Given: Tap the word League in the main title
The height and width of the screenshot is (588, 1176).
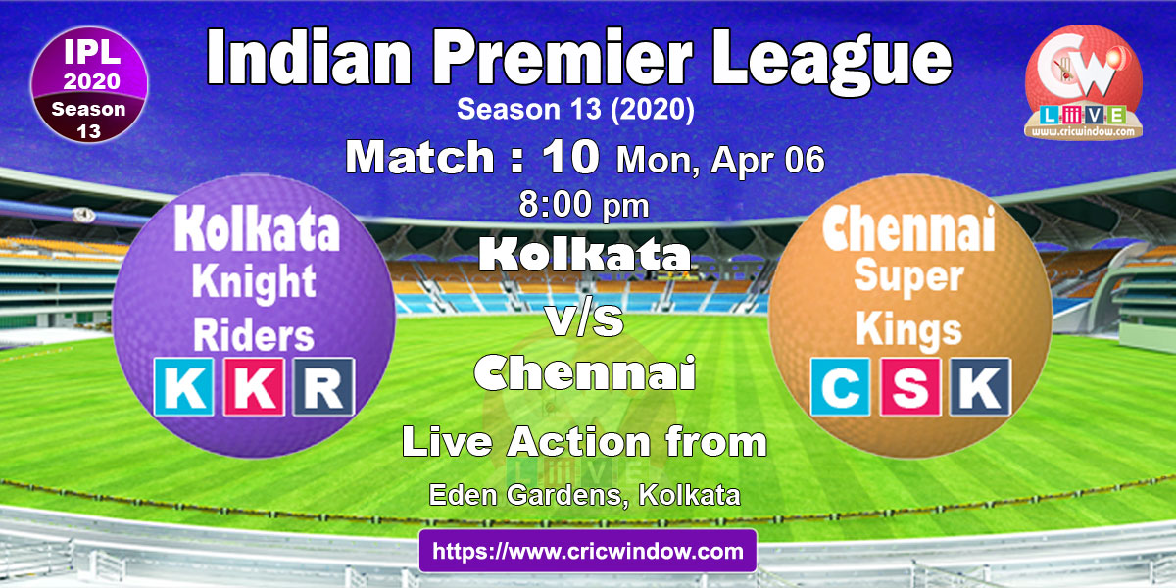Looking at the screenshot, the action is (832, 63).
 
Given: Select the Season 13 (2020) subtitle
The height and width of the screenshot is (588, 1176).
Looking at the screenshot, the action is (575, 109).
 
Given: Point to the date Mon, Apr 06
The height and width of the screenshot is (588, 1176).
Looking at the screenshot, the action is (720, 160).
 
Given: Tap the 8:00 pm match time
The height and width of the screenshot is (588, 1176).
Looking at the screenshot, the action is (584, 205).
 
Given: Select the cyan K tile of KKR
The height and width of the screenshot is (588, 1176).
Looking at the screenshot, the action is (184, 387).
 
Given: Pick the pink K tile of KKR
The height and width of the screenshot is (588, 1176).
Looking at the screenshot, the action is (254, 387).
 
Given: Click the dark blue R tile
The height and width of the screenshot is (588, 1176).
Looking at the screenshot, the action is (323, 387).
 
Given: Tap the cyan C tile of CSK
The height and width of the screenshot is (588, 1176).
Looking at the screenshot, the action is (840, 387).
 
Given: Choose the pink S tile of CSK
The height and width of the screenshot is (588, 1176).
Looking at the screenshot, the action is (909, 387).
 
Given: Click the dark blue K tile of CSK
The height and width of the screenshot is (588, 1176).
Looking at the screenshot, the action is (980, 387).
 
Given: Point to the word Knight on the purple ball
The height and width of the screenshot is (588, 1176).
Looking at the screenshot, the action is (254, 283).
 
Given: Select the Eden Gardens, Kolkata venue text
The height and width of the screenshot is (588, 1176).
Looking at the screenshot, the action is (584, 495).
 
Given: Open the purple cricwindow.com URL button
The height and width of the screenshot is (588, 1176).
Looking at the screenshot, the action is (588, 551).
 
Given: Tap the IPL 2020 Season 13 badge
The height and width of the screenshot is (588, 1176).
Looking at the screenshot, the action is (89, 85).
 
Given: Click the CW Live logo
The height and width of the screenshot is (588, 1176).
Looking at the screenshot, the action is (1084, 83).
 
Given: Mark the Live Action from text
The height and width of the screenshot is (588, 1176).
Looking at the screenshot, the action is (584, 442).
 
